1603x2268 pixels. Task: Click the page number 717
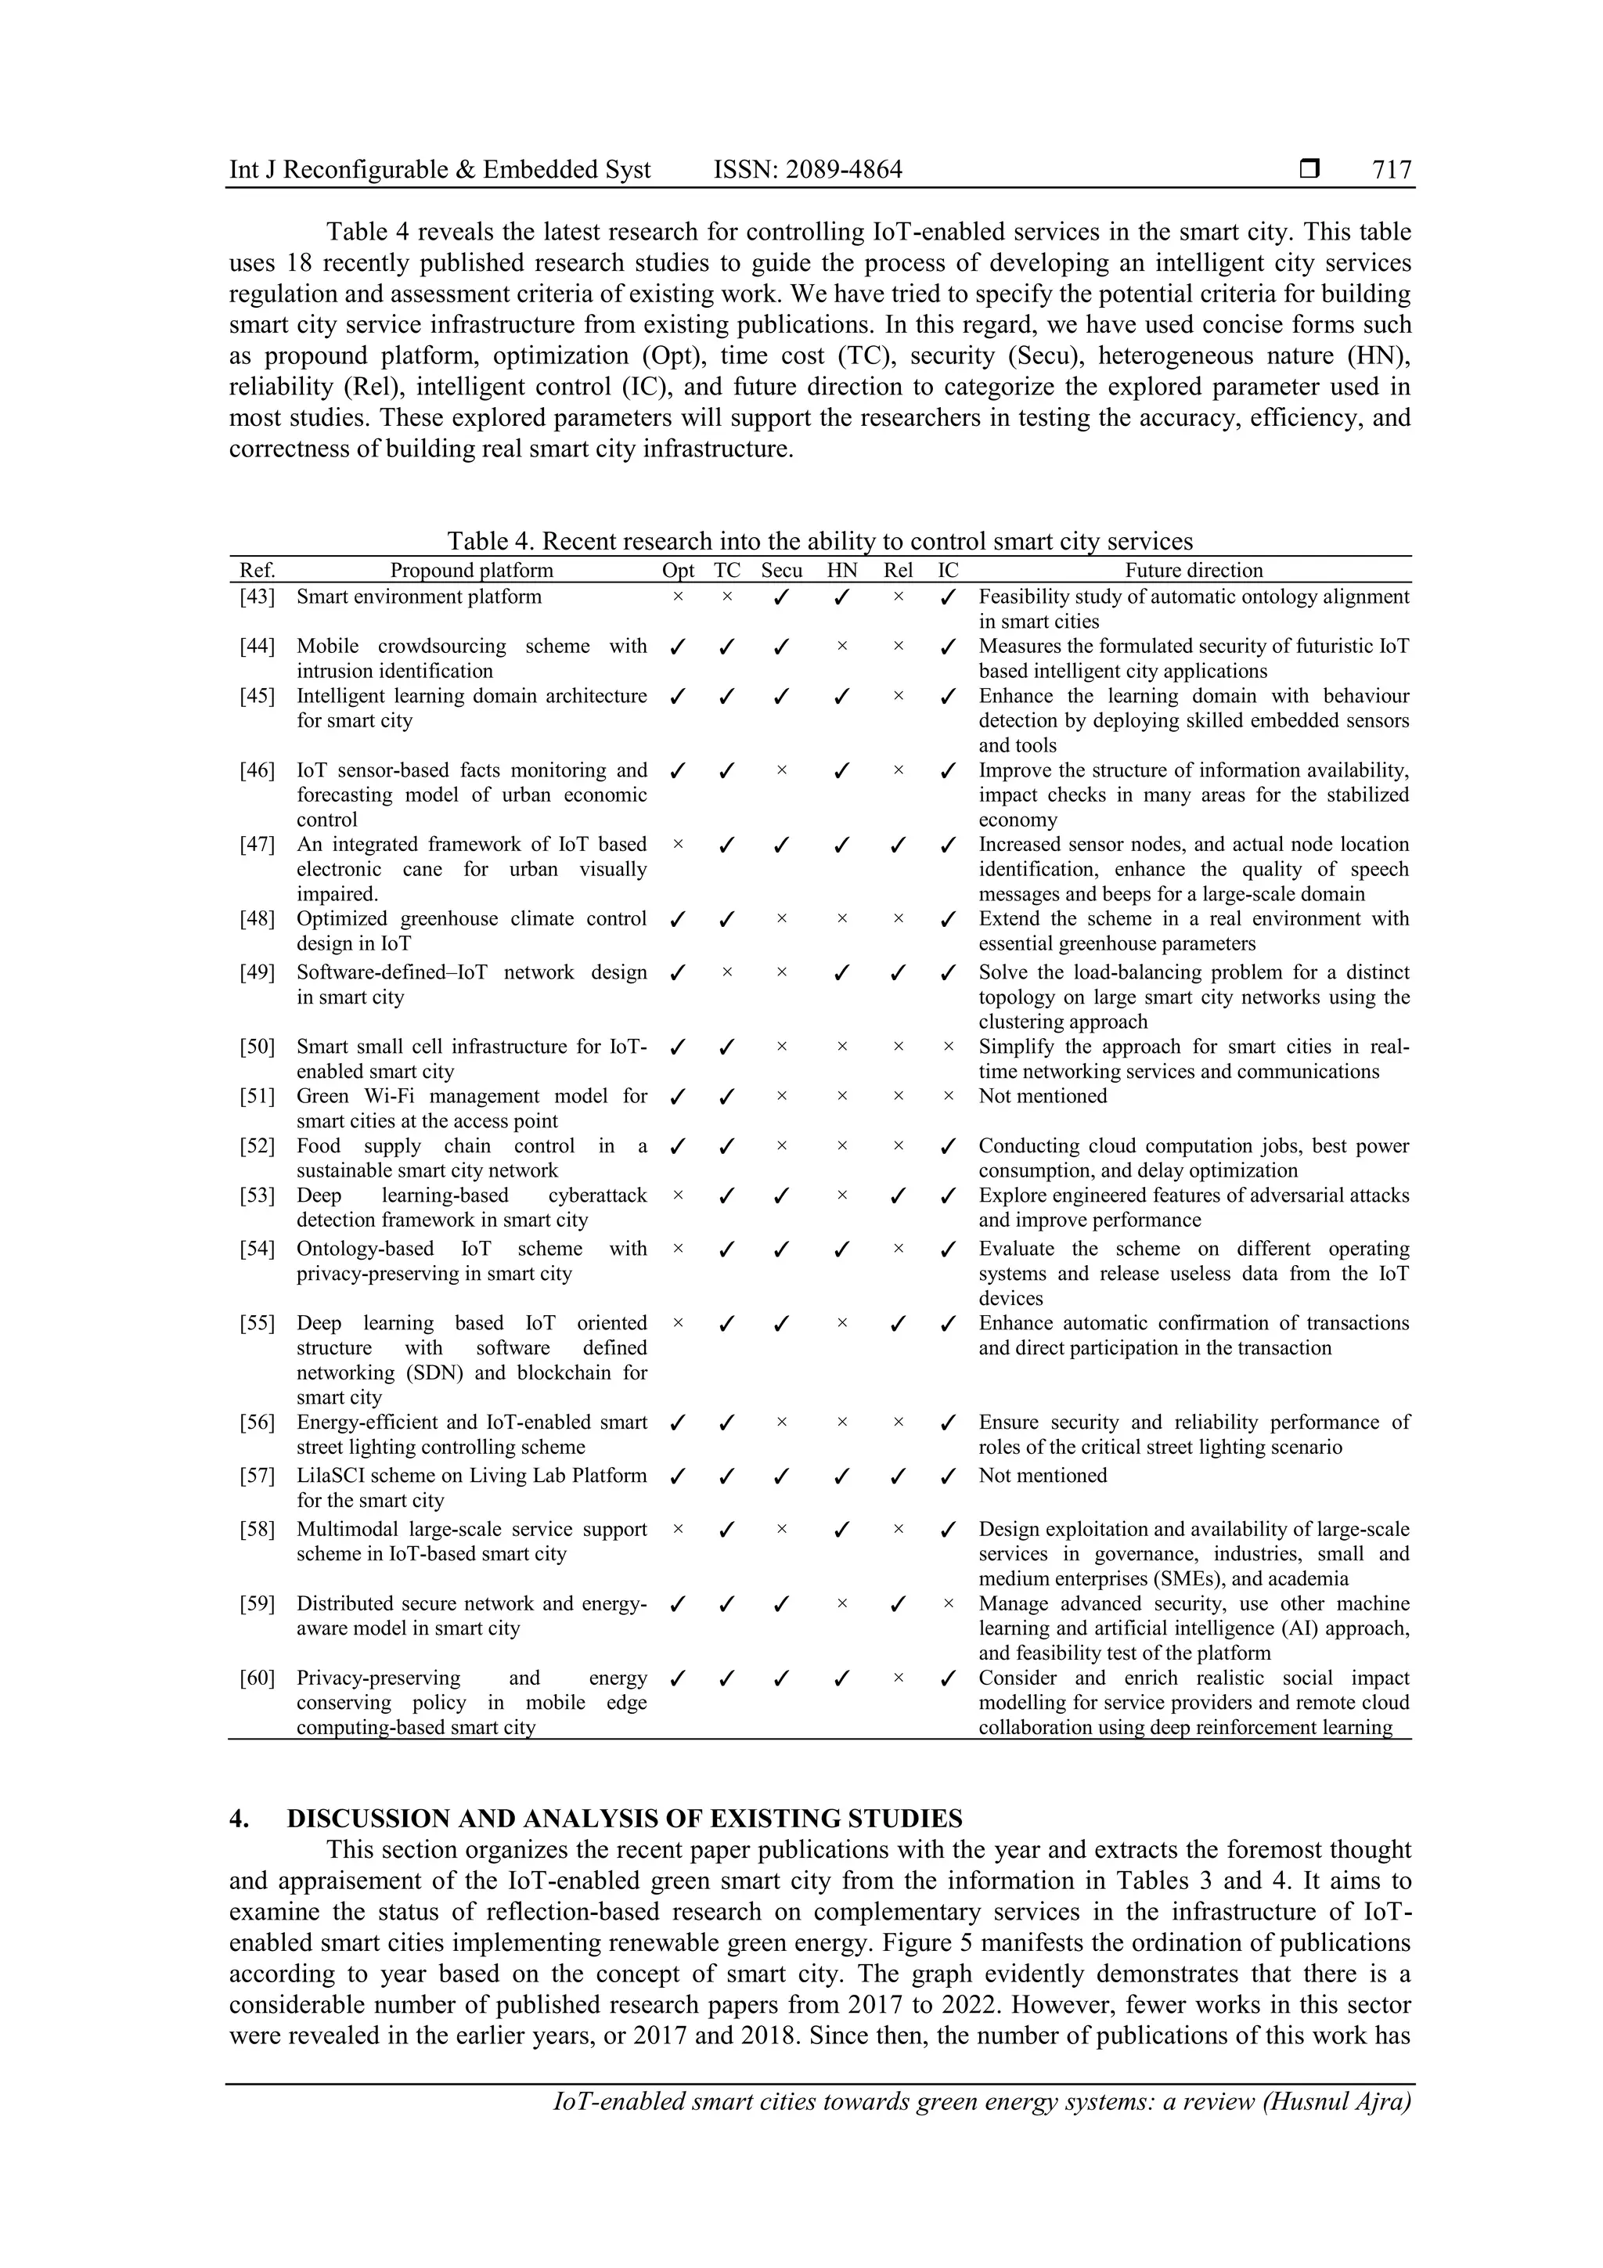1392,170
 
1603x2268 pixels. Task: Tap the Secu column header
781,570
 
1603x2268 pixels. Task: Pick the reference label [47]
257,845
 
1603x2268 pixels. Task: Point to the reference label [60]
257,1677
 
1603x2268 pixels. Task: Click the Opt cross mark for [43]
678,597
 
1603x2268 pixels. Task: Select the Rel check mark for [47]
898,846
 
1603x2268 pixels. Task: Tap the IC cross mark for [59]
948,1603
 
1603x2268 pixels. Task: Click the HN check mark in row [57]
841,1477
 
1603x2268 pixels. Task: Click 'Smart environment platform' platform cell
419,597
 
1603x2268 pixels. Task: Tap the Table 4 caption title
820,541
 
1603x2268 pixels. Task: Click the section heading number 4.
238,1819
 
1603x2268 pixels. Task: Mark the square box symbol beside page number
1309,169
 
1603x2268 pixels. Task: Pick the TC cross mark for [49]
727,972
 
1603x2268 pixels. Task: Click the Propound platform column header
471,570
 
